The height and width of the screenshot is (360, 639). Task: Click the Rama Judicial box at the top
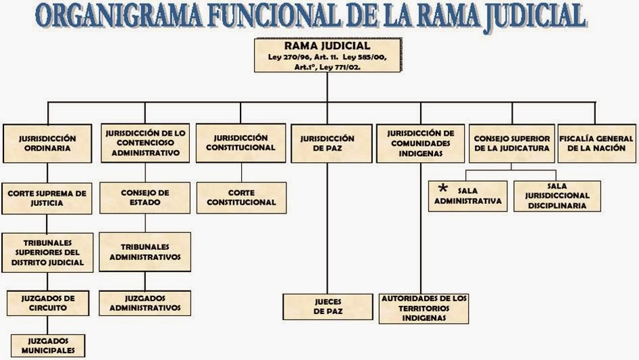[x=328, y=55]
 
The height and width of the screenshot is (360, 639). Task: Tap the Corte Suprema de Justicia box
[x=47, y=198]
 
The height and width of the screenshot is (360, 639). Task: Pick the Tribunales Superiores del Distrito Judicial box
[x=47, y=252]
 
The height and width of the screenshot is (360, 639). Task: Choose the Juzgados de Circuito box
[x=47, y=303]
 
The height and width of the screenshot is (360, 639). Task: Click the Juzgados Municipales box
[x=47, y=345]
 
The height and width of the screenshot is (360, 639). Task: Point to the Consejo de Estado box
[x=145, y=197]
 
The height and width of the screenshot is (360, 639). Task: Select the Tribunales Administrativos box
[x=145, y=252]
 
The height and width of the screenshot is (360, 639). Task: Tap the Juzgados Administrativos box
[x=145, y=303]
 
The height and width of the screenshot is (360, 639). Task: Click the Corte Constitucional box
[x=241, y=197]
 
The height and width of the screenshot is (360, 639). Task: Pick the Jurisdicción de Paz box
[x=332, y=143]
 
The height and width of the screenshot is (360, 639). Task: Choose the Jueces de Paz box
[x=328, y=307]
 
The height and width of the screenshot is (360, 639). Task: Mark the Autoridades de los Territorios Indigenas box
[x=424, y=308]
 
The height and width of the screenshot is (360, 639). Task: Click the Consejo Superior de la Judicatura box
[x=511, y=143]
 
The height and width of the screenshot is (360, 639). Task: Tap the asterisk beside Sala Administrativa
[x=442, y=188]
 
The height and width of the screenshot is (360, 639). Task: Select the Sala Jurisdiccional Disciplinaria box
[x=557, y=196]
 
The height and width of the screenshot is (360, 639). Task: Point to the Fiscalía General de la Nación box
[x=596, y=143]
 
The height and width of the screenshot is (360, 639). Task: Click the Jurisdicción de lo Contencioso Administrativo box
[x=145, y=143]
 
